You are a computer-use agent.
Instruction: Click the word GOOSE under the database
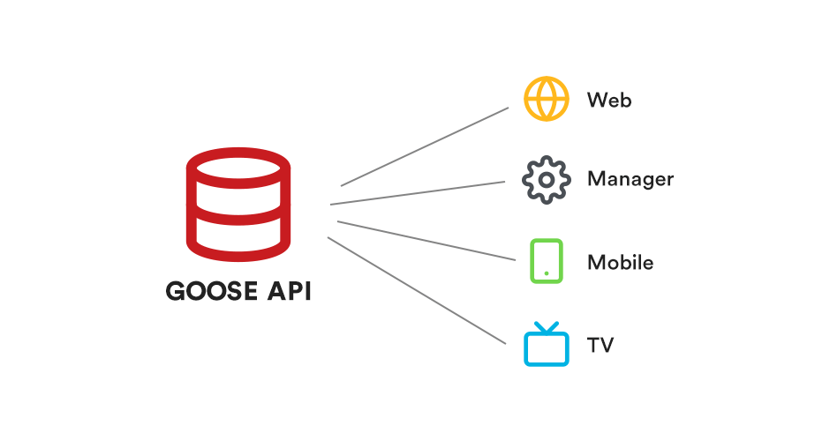(212, 291)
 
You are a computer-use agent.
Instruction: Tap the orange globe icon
(546, 98)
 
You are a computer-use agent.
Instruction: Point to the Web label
(609, 100)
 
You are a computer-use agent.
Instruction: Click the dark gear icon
(546, 180)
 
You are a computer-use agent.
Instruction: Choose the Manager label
(630, 180)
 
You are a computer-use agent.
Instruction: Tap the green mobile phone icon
(547, 261)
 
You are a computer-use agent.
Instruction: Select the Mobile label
(620, 262)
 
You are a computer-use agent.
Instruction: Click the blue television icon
(547, 346)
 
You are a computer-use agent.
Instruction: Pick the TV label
(600, 344)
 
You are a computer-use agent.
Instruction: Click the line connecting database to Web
(425, 146)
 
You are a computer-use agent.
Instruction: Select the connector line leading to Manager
(417, 193)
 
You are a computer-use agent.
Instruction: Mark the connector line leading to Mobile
(426, 240)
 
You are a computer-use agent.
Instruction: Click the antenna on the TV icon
(547, 327)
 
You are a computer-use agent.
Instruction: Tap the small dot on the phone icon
(547, 273)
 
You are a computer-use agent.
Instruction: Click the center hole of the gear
(546, 180)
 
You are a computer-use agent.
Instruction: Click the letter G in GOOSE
(177, 291)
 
